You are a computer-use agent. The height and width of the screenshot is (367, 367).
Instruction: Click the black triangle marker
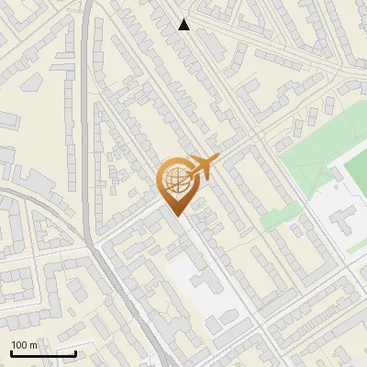click(x=184, y=25)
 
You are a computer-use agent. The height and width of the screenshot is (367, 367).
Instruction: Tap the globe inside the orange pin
click(x=174, y=180)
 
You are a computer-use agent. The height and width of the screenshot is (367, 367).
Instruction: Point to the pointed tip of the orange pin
click(x=176, y=216)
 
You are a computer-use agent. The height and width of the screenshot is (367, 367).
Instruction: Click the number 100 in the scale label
click(x=18, y=345)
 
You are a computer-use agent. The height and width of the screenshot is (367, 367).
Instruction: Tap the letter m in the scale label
click(x=33, y=345)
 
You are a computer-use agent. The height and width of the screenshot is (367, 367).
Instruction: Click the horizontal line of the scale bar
click(x=43, y=353)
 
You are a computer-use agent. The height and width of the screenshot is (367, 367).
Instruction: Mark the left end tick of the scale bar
click(x=11, y=351)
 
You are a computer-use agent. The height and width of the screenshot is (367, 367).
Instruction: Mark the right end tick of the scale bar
click(x=75, y=351)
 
